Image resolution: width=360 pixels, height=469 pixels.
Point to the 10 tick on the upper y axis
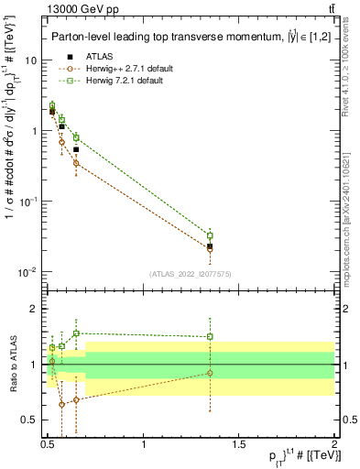pyautogui.click(x=33, y=60)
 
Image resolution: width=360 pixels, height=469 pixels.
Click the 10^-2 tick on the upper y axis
pyautogui.click(x=30, y=273)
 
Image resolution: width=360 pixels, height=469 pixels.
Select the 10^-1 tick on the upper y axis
pyautogui.click(x=30, y=202)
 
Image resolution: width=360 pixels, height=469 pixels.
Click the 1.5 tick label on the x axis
pyautogui.click(x=239, y=445)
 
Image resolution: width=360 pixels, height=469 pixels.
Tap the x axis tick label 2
pyautogui.click(x=334, y=445)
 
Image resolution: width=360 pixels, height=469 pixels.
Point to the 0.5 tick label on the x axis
pyautogui.click(x=49, y=445)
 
